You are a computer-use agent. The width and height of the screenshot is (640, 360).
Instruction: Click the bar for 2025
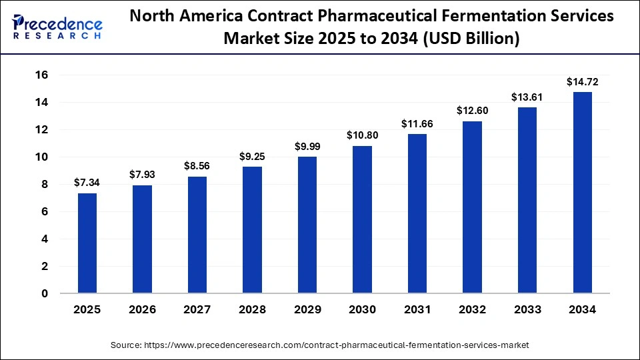(x=87, y=243)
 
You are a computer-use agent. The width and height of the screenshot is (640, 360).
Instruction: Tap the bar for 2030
(x=363, y=219)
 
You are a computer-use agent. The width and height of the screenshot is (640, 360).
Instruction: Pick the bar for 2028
(x=253, y=229)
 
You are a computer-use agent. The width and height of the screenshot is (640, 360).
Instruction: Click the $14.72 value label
(x=583, y=82)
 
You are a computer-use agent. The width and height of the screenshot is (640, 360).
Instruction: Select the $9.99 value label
(x=307, y=147)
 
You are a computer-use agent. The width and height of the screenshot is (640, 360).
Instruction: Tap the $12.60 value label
(x=473, y=111)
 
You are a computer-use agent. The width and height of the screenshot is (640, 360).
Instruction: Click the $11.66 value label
(x=417, y=123)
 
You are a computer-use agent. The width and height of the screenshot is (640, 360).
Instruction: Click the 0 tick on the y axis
(x=44, y=293)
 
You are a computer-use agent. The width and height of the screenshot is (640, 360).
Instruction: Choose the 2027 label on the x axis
(x=197, y=310)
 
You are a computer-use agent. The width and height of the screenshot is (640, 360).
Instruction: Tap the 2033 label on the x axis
(x=527, y=310)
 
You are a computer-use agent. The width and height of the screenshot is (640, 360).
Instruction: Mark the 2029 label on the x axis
(x=307, y=310)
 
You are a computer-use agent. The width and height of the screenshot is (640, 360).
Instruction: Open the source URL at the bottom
(x=320, y=345)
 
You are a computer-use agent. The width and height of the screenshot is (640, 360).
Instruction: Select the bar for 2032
(x=473, y=207)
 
